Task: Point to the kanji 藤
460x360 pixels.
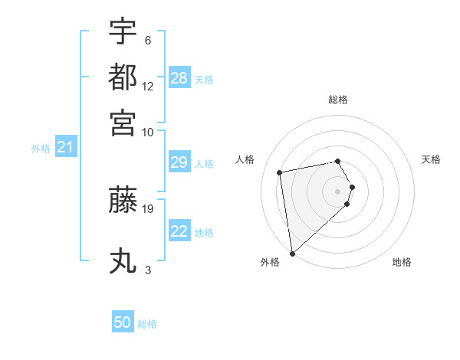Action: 123,201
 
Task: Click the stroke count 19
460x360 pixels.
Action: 148,208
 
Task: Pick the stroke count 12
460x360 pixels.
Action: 148,87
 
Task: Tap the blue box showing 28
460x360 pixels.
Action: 179,78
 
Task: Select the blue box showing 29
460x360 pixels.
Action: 179,162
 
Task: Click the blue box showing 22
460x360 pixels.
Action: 179,231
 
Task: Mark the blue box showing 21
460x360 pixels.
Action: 65,148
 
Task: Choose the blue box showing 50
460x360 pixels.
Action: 123,323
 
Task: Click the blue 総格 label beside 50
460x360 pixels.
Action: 147,324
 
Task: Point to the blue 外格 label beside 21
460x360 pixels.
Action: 41,149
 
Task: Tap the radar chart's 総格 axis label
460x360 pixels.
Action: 338,100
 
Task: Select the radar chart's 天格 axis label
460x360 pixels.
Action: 431,159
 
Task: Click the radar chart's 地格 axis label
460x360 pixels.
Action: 402,262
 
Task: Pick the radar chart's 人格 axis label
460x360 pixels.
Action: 245,159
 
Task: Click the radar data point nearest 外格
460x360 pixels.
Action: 292,254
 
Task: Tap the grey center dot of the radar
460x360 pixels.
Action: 338,191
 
